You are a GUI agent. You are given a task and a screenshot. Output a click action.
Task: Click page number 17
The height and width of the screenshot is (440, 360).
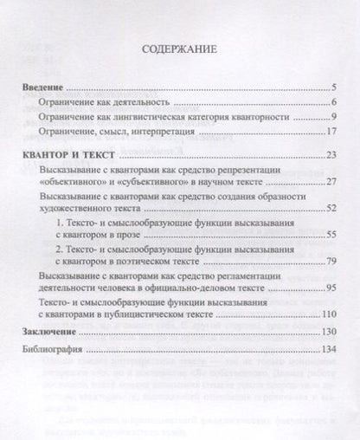(x=330, y=132)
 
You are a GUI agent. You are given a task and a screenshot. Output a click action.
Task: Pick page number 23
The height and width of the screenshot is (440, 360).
(x=330, y=154)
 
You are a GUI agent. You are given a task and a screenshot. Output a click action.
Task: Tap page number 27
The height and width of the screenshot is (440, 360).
(x=330, y=183)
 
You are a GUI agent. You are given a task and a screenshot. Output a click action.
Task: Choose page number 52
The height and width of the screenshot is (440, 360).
(x=330, y=210)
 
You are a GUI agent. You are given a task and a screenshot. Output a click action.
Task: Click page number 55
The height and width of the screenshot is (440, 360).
(x=330, y=236)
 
